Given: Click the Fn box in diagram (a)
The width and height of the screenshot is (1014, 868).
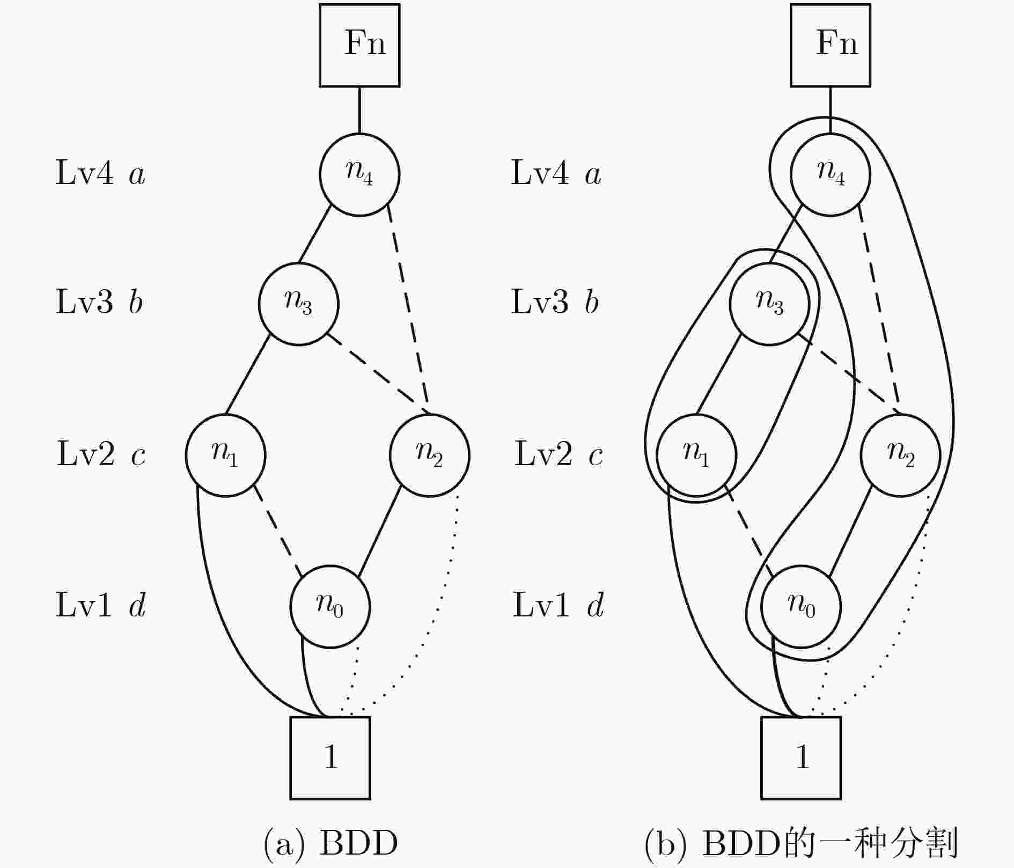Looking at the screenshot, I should coord(359,46).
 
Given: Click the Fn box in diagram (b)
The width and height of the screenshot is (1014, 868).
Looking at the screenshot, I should coord(831,46).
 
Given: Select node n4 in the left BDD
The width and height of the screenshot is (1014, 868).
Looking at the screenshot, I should coord(359,174).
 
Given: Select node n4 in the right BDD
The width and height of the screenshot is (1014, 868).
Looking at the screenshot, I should coord(831,174).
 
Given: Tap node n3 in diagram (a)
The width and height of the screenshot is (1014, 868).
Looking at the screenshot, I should coord(299,304).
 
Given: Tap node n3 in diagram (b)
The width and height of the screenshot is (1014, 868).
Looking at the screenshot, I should coord(769,304).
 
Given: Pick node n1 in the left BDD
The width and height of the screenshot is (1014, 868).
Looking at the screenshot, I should coord(226,455).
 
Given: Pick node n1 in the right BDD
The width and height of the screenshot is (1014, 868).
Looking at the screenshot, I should coord(696,455).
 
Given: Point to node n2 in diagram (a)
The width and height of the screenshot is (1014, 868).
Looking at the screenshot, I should coord(429,455).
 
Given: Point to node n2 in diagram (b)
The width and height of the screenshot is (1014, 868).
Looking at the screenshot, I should coord(900,455).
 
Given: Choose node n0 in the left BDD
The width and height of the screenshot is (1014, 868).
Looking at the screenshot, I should coord(330,606).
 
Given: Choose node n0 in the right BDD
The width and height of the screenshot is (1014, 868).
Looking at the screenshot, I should coord(801,606).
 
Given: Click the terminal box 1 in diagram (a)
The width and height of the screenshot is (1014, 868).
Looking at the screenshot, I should coord(330,757).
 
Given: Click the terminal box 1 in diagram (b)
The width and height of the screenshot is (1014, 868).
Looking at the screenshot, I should coord(801,757).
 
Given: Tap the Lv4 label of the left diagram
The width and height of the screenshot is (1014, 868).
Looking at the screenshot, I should coord(85,174).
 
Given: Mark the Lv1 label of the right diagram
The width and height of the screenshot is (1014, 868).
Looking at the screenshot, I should coord(541,606).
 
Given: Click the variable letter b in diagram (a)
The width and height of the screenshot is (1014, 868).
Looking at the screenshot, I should coord(136,301).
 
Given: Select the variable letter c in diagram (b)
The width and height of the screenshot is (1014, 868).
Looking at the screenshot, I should coord(596,455).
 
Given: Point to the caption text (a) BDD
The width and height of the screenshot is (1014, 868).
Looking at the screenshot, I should coord(331,843).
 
